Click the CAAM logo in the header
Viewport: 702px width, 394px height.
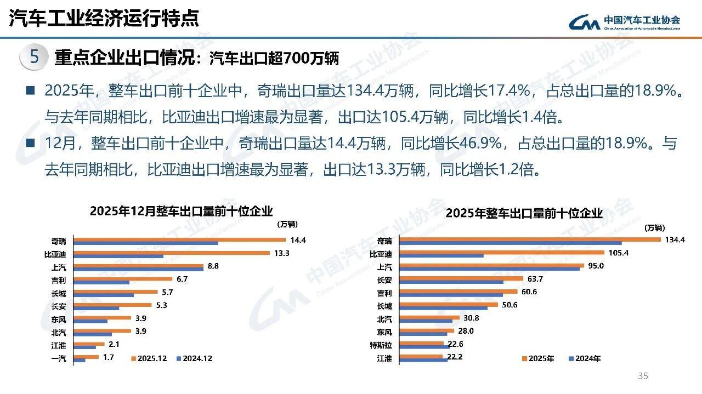click(624, 21)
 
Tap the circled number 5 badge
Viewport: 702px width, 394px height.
click(34, 58)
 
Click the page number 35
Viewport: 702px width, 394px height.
click(643, 376)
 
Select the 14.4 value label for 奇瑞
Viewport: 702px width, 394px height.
click(298, 240)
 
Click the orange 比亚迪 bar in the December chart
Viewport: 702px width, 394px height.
click(172, 253)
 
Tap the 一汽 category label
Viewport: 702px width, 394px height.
click(58, 358)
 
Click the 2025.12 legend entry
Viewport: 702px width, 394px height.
click(148, 358)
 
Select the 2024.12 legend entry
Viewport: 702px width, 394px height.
click(194, 358)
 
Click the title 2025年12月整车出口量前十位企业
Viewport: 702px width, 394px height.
click(181, 211)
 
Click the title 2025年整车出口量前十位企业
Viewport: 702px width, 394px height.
click(524, 213)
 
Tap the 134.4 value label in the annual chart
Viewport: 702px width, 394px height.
click(675, 239)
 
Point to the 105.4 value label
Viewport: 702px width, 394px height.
click(618, 253)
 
